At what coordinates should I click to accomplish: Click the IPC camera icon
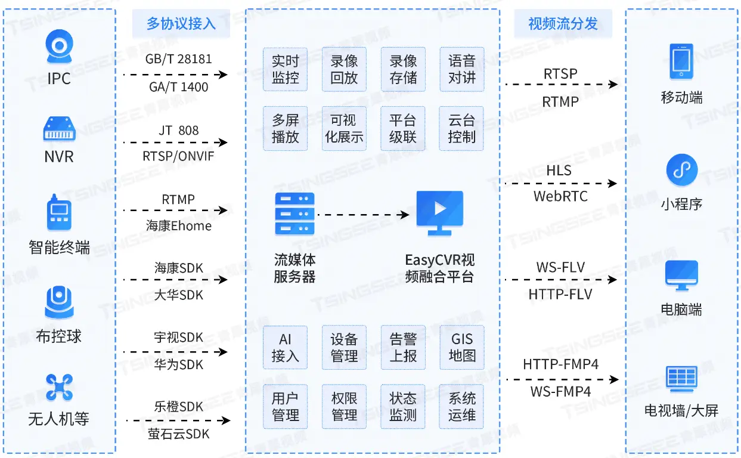click(59, 48)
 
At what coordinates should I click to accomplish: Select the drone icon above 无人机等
click(59, 387)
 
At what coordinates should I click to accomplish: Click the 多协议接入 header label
click(181, 24)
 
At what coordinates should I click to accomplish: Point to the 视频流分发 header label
click(563, 24)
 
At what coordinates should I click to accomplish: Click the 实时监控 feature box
click(285, 69)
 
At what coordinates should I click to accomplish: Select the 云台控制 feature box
click(461, 128)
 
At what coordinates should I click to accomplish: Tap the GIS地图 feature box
click(461, 348)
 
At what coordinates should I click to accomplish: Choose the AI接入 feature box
click(285, 348)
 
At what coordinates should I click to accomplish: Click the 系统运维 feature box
click(461, 406)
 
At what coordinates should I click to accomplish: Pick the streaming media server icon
click(294, 213)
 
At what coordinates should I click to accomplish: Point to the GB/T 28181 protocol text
click(178, 60)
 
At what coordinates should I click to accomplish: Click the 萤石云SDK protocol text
click(179, 434)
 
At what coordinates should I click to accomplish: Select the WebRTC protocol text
click(560, 196)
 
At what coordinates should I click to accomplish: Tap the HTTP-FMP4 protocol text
click(560, 364)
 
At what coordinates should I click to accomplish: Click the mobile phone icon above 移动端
click(681, 61)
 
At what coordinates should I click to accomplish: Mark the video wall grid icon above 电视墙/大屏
click(681, 379)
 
